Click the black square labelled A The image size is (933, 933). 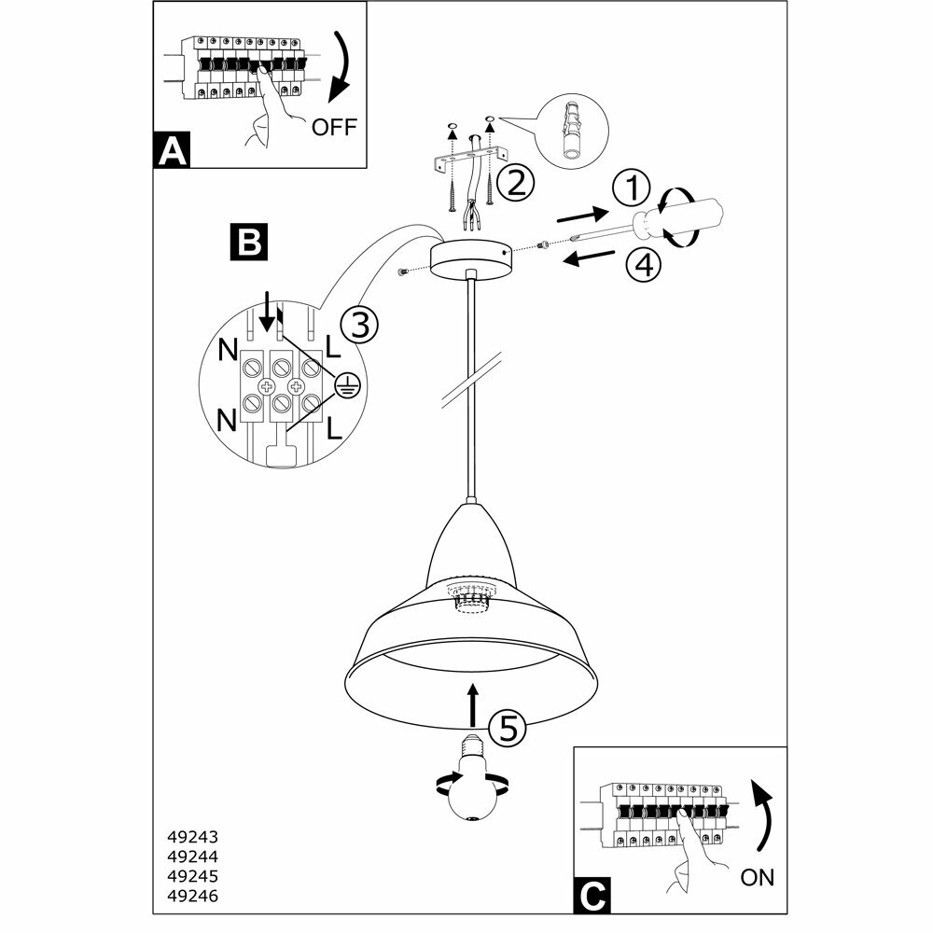172,150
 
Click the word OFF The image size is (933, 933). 334,127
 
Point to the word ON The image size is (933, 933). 758,877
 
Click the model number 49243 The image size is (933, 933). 198,838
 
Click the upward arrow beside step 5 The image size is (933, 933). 474,703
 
